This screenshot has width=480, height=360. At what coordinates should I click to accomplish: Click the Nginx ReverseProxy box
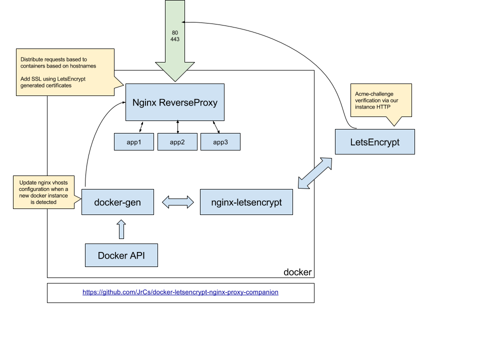[175, 102]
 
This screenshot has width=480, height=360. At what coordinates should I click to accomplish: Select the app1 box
[134, 142]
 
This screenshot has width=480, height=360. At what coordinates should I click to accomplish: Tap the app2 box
[177, 142]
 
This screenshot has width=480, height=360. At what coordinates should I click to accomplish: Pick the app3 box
[220, 142]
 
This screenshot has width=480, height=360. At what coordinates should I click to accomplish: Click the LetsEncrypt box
[374, 142]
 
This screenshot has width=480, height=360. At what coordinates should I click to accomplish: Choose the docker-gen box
[117, 202]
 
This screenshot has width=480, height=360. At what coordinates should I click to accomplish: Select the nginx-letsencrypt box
[246, 202]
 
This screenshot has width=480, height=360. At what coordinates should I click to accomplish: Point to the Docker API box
[121, 255]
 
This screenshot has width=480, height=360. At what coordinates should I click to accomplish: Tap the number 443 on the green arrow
[175, 39]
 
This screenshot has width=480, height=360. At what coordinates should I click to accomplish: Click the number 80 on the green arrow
[175, 32]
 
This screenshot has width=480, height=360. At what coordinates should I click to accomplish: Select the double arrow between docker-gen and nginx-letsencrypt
[177, 202]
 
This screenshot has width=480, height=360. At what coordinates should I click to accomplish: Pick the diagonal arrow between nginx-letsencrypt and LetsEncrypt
[314, 173]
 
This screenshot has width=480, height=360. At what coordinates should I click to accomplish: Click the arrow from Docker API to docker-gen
[120, 229]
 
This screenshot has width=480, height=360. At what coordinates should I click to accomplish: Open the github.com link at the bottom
[180, 292]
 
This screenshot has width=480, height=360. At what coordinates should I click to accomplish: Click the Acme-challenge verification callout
[381, 101]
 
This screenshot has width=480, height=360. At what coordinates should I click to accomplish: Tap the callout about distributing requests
[65, 72]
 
